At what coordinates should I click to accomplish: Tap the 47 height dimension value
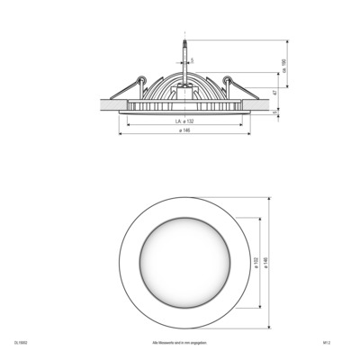[x=274, y=92]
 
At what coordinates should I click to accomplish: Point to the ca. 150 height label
[x=284, y=65]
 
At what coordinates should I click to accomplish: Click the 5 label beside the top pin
[x=191, y=61]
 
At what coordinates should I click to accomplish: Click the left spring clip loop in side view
[x=141, y=79]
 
